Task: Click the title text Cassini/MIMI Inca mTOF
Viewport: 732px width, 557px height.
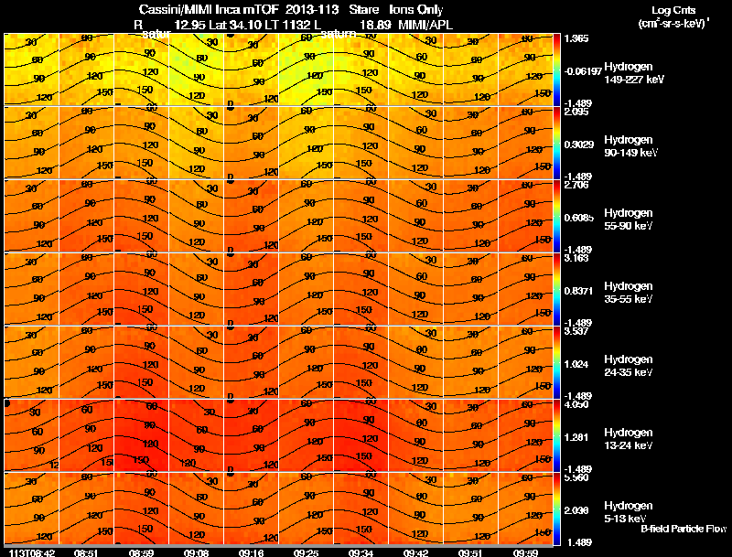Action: [x=202, y=9]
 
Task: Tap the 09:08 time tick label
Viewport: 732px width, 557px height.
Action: [x=197, y=552]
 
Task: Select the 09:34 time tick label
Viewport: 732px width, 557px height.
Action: [x=361, y=552]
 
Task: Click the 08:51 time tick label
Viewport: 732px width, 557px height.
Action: [x=87, y=552]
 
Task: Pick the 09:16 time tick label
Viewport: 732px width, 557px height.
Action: [x=252, y=552]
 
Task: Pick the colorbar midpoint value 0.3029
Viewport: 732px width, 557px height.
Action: [x=580, y=144]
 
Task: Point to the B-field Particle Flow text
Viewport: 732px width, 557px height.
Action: [x=683, y=529]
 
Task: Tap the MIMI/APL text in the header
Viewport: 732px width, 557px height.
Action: [x=425, y=25]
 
